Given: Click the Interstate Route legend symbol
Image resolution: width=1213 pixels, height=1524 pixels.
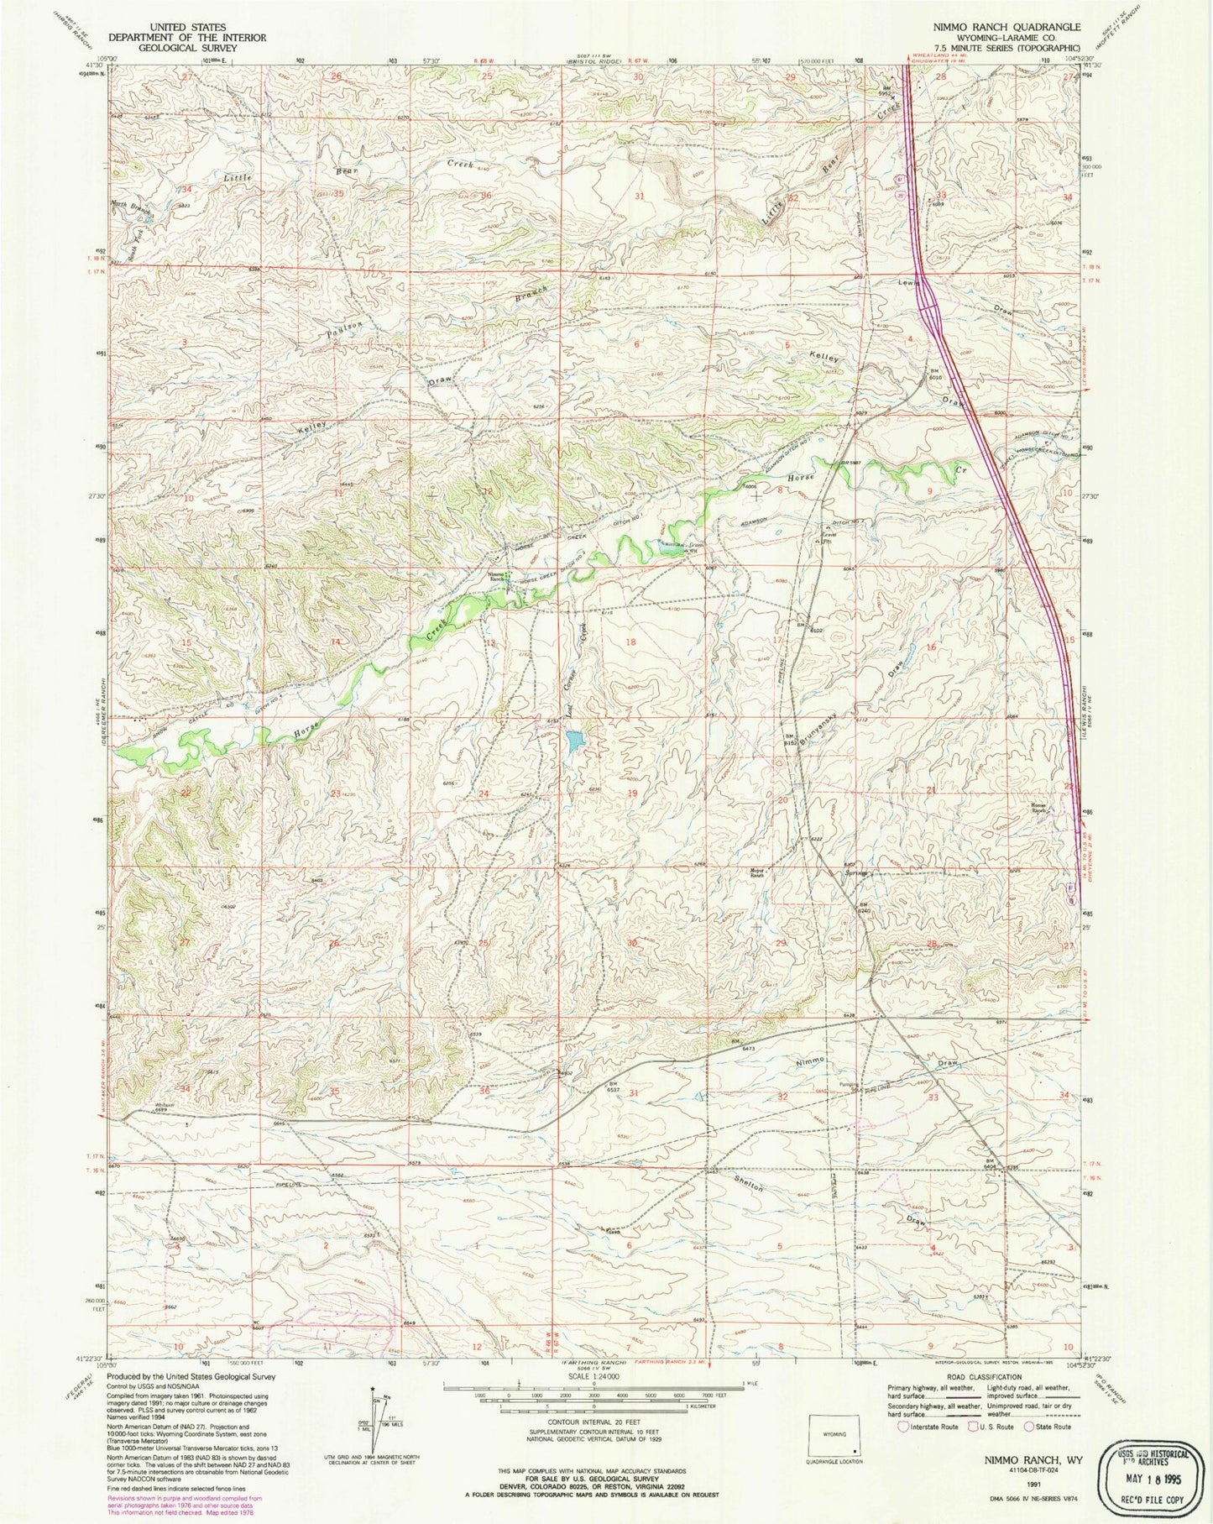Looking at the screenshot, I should coord(903,1426).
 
